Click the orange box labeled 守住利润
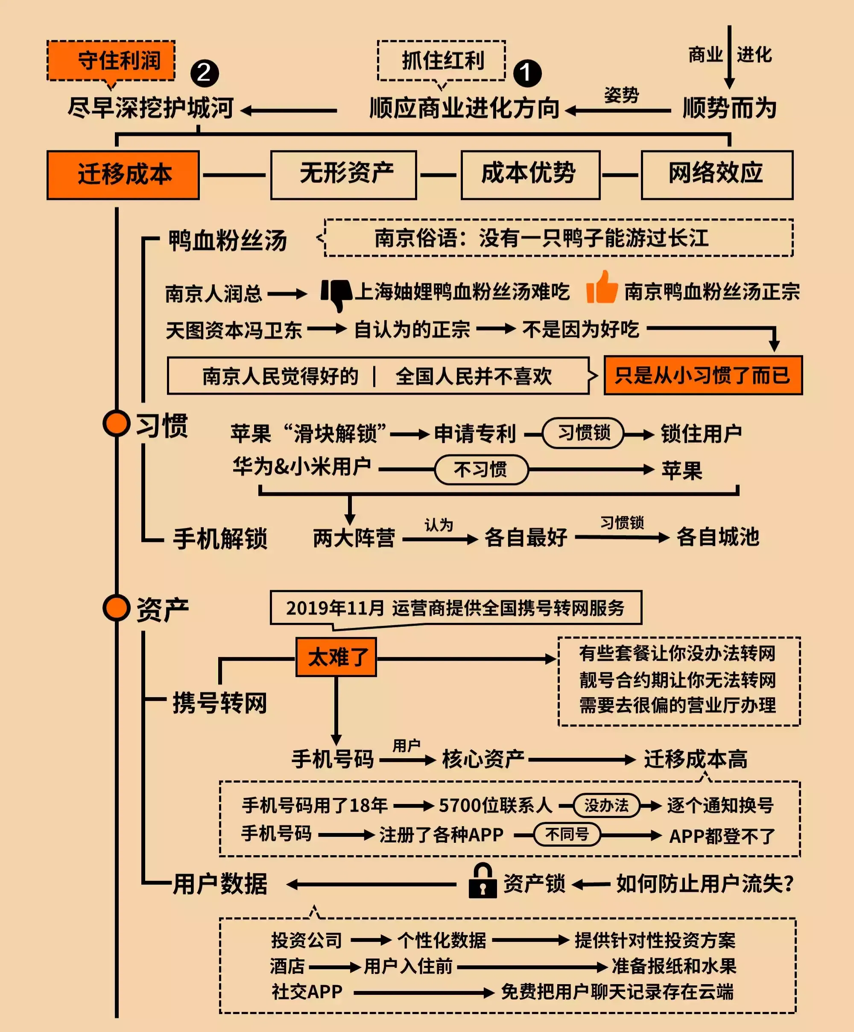tap(111, 61)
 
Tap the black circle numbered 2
tap(205, 73)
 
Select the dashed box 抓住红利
tap(441, 61)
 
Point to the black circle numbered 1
tap(527, 73)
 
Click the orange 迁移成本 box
tap(123, 175)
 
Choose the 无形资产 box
tap(343, 175)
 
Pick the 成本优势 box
tap(530, 175)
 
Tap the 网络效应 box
tap(717, 175)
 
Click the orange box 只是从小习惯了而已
tap(703, 375)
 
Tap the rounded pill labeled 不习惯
tap(481, 470)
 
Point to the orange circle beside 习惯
tap(117, 423)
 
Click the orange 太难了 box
tap(336, 657)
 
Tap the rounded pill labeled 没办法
tap(606, 806)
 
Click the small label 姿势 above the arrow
tap(621, 95)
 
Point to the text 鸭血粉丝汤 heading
tap(228, 240)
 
